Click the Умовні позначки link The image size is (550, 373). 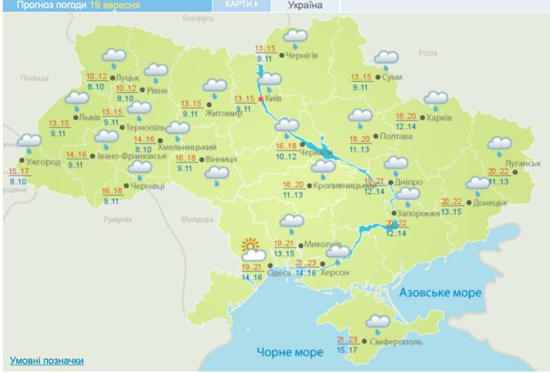pos(47,361)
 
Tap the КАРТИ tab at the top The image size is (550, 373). pos(241,4)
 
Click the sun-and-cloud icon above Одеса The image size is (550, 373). pos(251,249)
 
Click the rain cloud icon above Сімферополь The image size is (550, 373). pos(378,321)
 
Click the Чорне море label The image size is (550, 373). pos(289,352)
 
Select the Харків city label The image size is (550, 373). pos(439,117)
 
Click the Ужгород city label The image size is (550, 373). pos(44,162)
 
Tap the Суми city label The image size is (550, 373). pos(393,77)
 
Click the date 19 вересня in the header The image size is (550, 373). pos(115,5)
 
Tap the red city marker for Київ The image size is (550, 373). pos(261,99)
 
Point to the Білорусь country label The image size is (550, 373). pos(199,19)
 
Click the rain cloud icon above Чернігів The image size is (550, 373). pos(296,36)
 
